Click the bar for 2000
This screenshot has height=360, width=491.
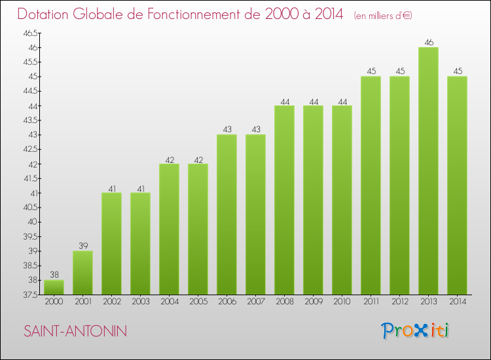(x=54, y=287)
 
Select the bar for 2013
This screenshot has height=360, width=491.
(x=428, y=171)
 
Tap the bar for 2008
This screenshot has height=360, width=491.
(x=284, y=200)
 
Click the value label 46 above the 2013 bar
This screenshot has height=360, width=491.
(x=429, y=43)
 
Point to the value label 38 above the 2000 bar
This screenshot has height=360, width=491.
(x=54, y=275)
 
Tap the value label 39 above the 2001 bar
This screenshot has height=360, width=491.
(x=82, y=246)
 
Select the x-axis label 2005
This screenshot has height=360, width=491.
(x=198, y=302)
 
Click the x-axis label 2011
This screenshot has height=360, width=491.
(x=371, y=302)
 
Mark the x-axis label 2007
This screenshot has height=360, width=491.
(x=255, y=302)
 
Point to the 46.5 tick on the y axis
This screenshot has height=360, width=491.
(x=30, y=33)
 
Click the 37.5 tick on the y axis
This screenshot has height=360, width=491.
(x=30, y=295)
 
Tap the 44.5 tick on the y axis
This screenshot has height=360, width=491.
(x=30, y=91)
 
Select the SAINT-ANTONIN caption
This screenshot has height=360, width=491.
(x=75, y=331)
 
